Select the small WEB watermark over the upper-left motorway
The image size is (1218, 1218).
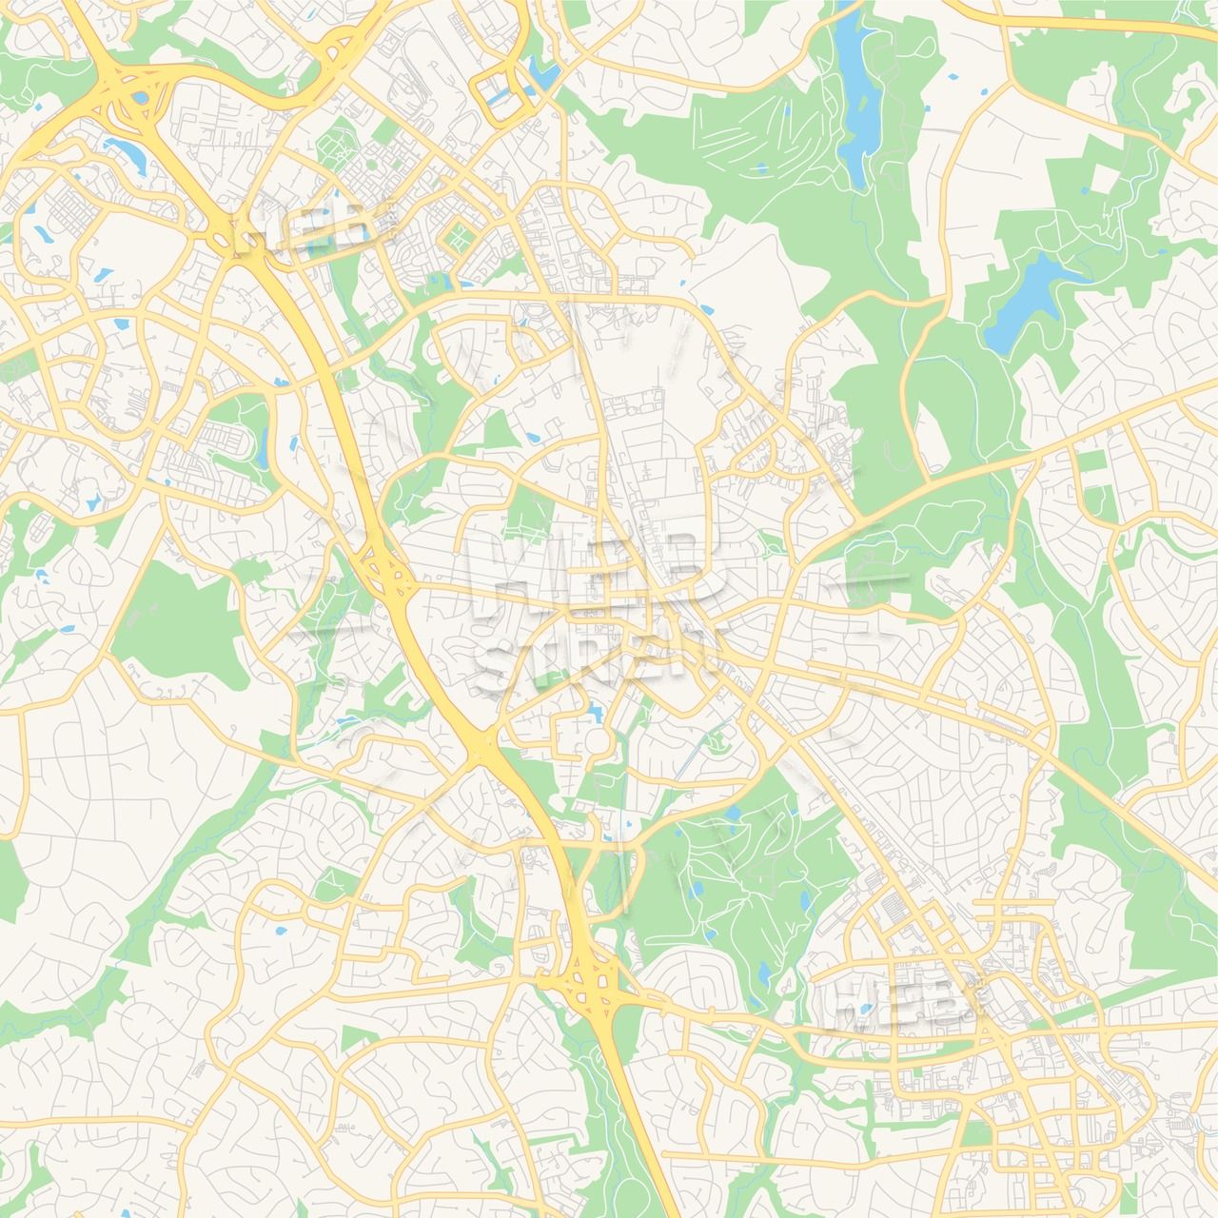(310, 224)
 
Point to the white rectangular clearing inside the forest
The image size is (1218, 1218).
(1107, 180)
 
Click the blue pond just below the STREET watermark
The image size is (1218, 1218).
(596, 709)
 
